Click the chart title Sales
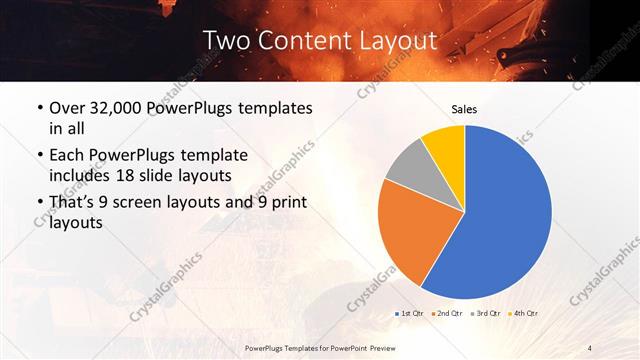point(464,108)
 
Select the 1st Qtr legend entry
point(411,314)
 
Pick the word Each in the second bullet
point(67,156)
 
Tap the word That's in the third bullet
point(73,204)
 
